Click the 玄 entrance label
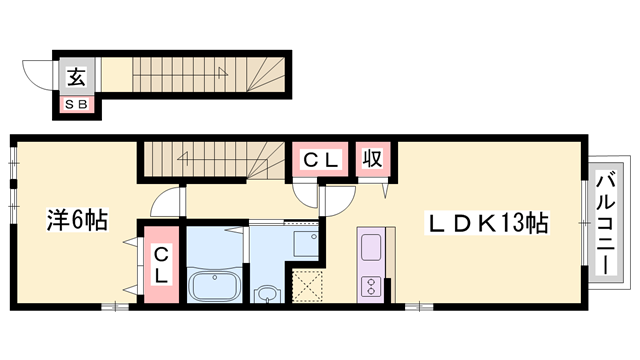coord(75,75)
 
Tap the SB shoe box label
coord(75,102)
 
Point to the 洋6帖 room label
coord(75,219)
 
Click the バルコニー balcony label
coord(606,224)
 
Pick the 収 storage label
coord(372,158)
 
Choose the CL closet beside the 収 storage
coord(322,158)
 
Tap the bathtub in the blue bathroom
coord(212,287)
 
